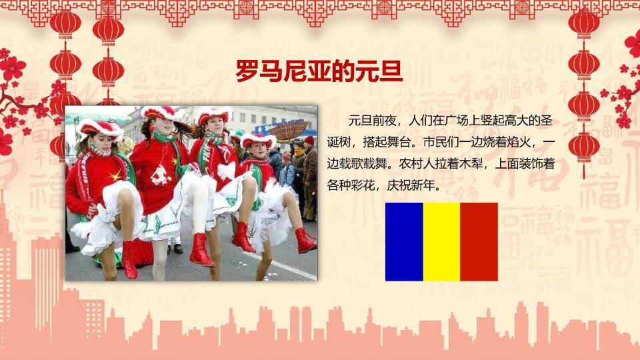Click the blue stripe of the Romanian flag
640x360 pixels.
coord(404,241)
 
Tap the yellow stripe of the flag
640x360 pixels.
coord(441,241)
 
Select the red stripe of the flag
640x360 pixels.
coord(479,241)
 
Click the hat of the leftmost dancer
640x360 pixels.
coord(99,127)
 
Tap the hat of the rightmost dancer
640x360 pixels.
coord(259,141)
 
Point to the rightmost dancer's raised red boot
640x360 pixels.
coord(305,240)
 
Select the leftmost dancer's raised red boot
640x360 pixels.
coord(129,259)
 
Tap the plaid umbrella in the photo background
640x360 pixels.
coord(288,129)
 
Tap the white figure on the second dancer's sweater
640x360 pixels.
coord(159,175)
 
